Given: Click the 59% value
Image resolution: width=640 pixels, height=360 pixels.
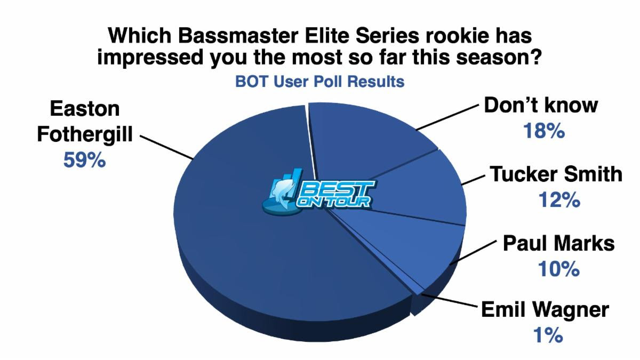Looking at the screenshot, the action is point(85,160).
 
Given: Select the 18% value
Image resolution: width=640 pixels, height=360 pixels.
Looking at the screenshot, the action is point(544,131).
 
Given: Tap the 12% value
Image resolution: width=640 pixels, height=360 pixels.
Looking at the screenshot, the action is point(559,199).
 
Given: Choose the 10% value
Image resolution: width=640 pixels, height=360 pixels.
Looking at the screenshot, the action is point(559,269).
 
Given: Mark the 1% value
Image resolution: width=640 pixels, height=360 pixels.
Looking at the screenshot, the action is point(548,335).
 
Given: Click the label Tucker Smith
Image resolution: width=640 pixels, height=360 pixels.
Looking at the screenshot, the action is point(556,174).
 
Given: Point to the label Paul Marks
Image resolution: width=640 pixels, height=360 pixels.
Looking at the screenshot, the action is point(559,243).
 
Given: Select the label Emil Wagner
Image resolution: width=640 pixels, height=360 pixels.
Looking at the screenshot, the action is point(545,310).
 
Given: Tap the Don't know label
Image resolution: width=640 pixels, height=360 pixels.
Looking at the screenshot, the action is point(541,105).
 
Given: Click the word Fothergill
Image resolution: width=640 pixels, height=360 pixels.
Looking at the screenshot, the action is point(85,134).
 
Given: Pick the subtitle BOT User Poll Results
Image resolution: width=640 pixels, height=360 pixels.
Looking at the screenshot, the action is point(319,82).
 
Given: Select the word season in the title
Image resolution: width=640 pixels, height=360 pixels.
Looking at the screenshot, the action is point(499,58).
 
